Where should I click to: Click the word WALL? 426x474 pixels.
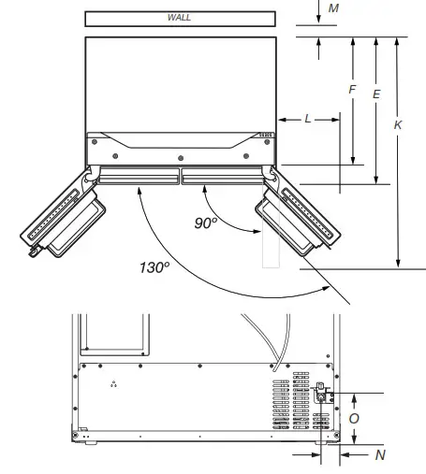click(x=179, y=18)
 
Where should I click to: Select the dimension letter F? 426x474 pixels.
click(x=352, y=90)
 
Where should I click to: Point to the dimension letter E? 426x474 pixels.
click(x=376, y=94)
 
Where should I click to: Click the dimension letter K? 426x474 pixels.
click(x=399, y=124)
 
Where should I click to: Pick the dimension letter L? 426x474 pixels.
click(x=308, y=120)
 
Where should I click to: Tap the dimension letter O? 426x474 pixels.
click(x=353, y=419)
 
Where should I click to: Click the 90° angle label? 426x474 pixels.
click(x=206, y=223)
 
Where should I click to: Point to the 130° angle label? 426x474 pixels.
click(x=154, y=267)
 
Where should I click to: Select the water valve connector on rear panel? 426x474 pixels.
click(x=321, y=395)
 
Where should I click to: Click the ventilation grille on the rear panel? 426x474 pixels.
click(x=291, y=402)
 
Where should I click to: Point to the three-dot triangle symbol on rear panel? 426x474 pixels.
click(x=114, y=385)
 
